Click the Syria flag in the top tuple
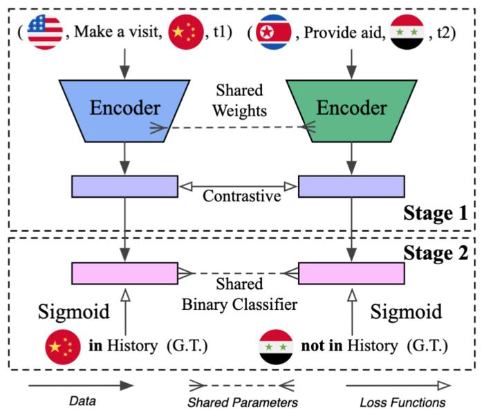pyautogui.click(x=407, y=33)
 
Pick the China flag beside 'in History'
pyautogui.click(x=63, y=345)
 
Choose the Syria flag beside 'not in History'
pyautogui.click(x=274, y=345)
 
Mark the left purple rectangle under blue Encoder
pyautogui.click(x=124, y=185)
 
